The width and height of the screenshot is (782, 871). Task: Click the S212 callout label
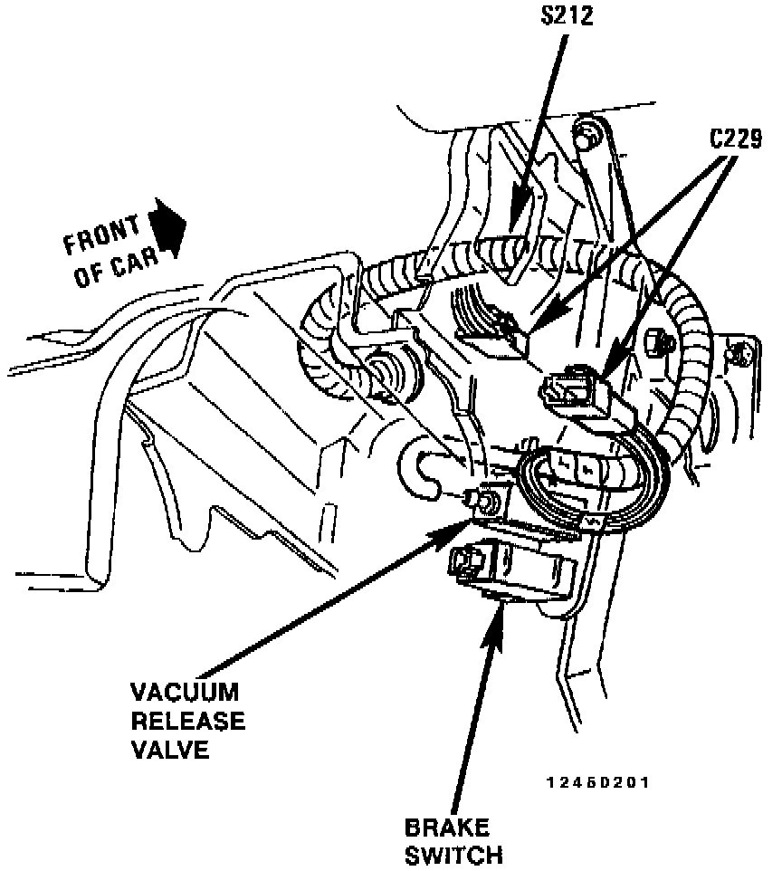[x=562, y=16]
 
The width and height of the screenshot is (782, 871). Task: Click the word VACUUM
[x=186, y=694]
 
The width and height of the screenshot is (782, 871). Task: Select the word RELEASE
[x=188, y=722]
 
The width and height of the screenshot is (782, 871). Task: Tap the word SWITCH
[x=453, y=855]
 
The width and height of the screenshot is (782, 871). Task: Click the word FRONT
[x=101, y=234]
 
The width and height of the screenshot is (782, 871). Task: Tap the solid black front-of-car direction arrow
[x=167, y=225]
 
